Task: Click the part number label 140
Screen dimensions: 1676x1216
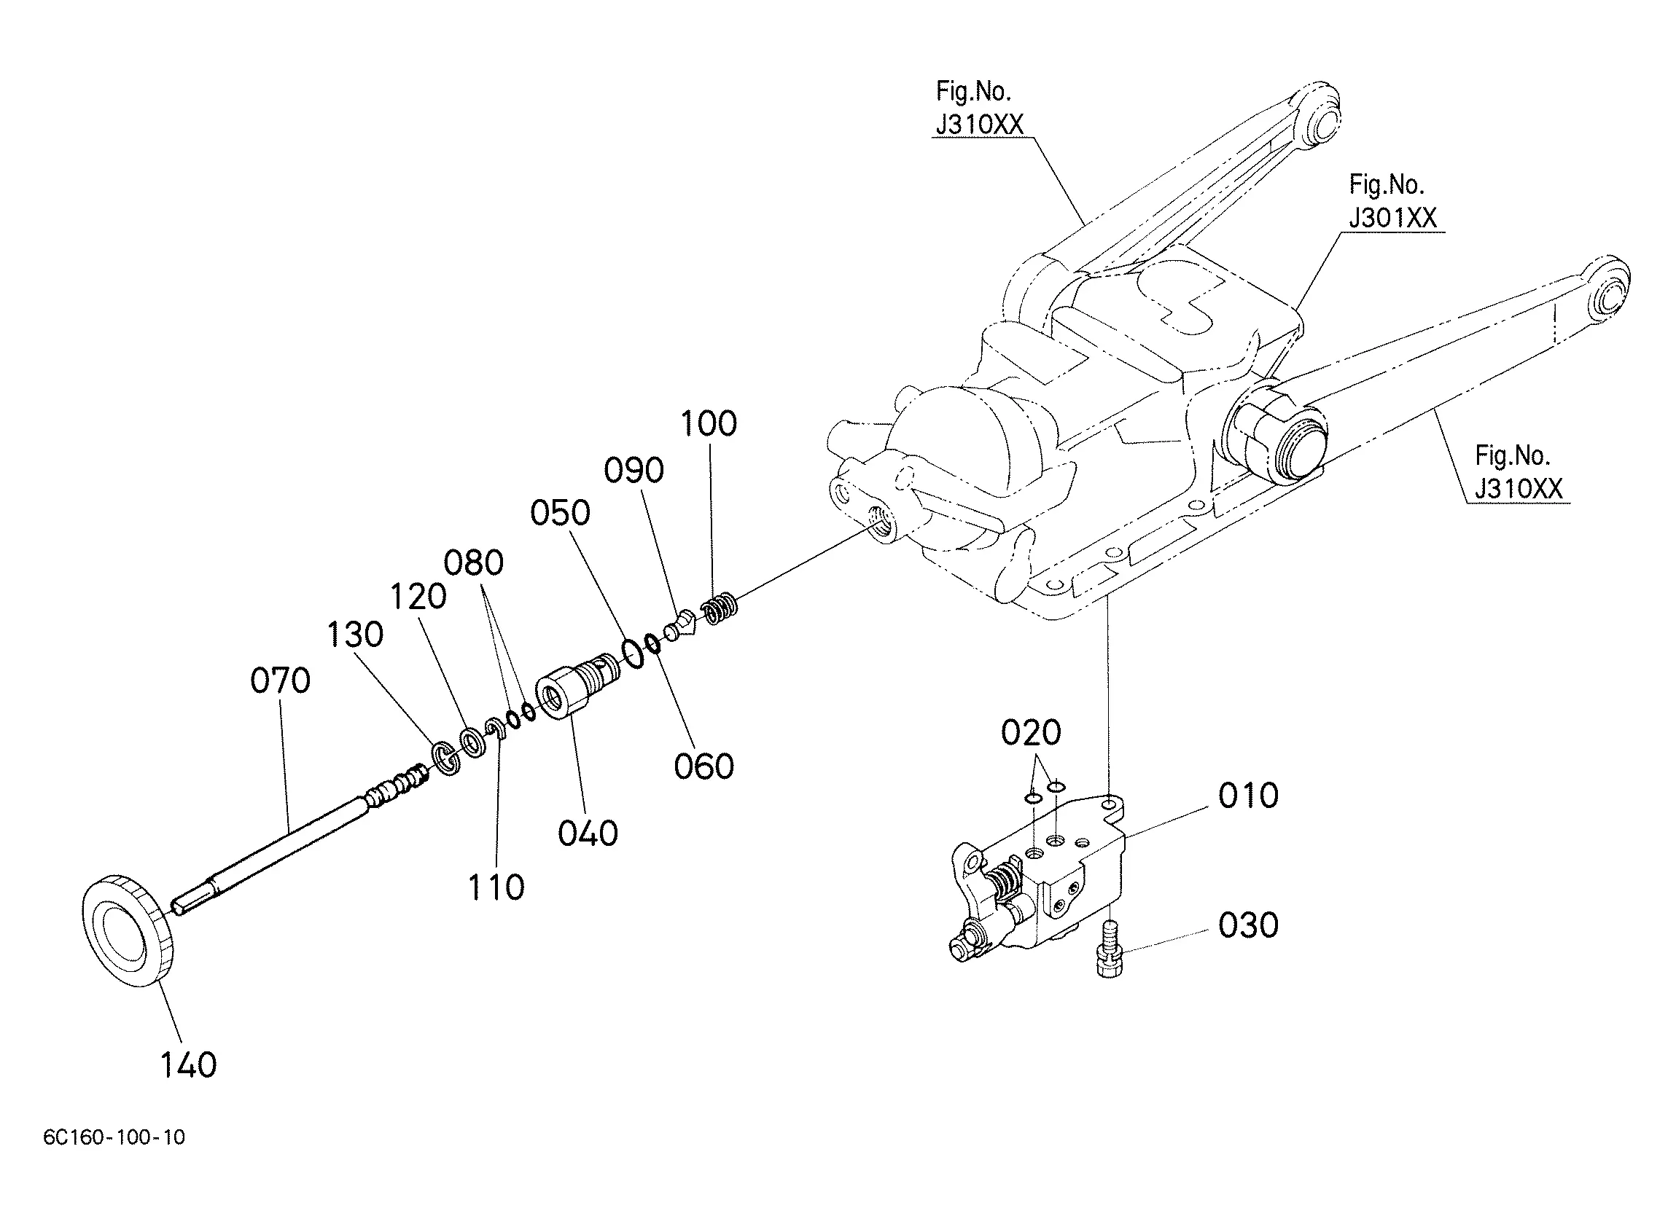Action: coord(188,1064)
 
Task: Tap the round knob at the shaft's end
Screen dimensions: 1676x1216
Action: coord(127,930)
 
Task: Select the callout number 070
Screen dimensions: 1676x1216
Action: coord(280,680)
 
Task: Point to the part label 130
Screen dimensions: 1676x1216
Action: coord(356,634)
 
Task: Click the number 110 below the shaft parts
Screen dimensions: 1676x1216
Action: coord(496,887)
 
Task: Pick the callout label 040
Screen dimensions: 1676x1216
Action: coord(588,833)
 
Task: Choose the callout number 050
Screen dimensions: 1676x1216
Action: coord(560,513)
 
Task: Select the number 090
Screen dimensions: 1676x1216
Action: coord(634,470)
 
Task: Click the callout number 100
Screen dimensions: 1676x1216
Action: coord(709,423)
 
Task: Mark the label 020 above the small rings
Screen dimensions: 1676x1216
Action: coord(1031,732)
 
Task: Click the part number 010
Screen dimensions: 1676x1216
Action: coord(1248,796)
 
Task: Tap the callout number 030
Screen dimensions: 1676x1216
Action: coord(1248,925)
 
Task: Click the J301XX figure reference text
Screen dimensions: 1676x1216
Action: coord(1393,218)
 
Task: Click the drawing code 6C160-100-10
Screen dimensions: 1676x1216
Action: coord(114,1137)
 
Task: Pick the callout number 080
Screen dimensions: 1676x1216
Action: coord(474,563)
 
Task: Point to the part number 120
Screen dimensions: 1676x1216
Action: coord(418,596)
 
